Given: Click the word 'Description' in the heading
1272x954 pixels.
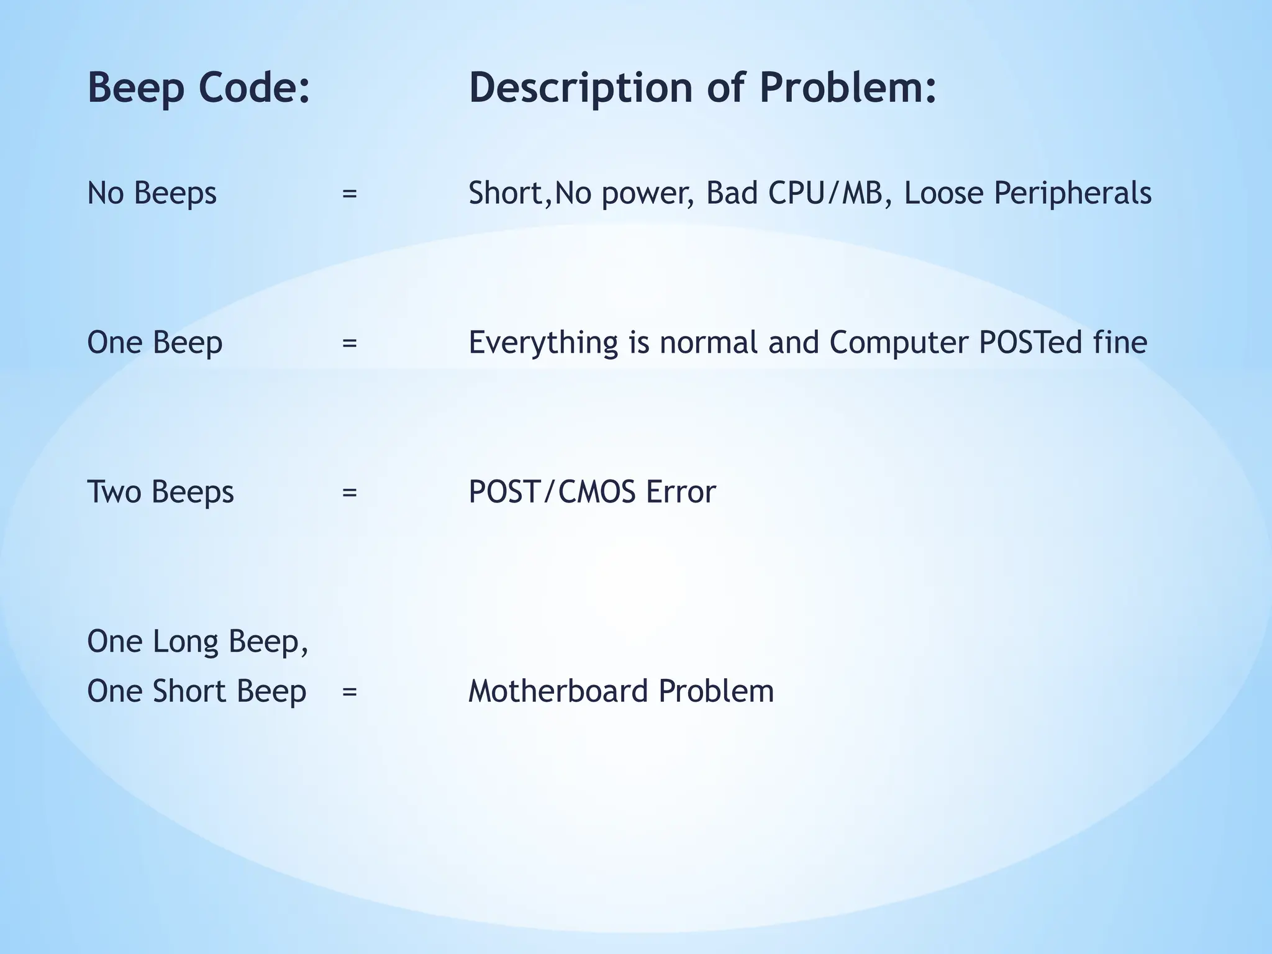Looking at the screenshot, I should [580, 88].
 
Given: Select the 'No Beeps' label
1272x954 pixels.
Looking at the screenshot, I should [152, 193].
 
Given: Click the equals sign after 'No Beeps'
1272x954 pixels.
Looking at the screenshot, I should [350, 194].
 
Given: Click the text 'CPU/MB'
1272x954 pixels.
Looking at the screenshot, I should [825, 193].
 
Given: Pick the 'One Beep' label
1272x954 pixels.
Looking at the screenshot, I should [154, 343].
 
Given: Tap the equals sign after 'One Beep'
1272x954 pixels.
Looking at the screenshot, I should [350, 343].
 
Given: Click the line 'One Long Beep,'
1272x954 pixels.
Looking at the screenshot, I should [198, 642].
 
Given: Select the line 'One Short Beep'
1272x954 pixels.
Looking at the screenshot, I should [196, 691].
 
